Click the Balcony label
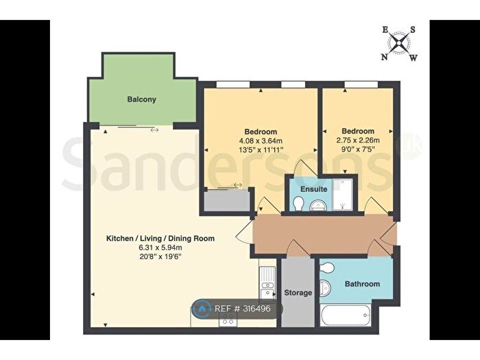(x=141, y=99)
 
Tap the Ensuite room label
(x=314, y=189)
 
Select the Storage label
(x=298, y=293)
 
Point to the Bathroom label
(x=362, y=284)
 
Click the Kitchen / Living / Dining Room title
(x=160, y=239)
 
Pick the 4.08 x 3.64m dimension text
(x=261, y=141)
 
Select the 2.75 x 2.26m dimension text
(x=358, y=140)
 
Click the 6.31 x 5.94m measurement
(x=160, y=248)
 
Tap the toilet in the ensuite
(x=298, y=204)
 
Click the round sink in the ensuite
(x=318, y=206)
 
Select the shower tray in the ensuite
(x=343, y=195)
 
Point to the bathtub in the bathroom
(x=345, y=315)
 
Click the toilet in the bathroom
(x=326, y=269)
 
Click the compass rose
(x=399, y=44)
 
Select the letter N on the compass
(x=384, y=57)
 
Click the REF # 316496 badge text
(x=243, y=309)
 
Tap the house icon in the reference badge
(x=202, y=309)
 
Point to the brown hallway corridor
(x=324, y=235)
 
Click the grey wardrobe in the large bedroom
(x=227, y=200)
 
